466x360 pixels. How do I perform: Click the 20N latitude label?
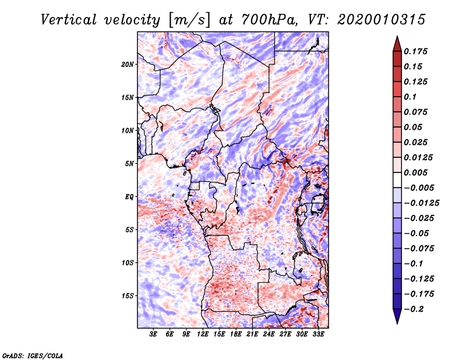tap(128, 65)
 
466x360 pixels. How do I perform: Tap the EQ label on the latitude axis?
tap(129, 197)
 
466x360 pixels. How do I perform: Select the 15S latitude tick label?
tap(128, 296)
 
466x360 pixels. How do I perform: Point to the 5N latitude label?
tap(129, 164)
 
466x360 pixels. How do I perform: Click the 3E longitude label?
tap(153, 334)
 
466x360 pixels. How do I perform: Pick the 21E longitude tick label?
tap(252, 334)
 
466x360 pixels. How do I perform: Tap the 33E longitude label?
tap(318, 334)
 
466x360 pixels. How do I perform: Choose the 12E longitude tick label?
tap(203, 334)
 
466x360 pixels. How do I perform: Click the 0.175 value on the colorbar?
tap(415, 51)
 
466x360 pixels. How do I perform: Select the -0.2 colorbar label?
tap(414, 309)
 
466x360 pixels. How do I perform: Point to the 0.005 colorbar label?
tap(415, 172)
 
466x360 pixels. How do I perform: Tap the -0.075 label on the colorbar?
tap(419, 249)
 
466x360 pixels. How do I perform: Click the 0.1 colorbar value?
tap(410, 97)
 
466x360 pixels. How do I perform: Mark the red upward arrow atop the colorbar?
tap(397, 44)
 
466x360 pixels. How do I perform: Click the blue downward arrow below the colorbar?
tap(397, 316)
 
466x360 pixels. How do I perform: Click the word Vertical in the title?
tap(69, 20)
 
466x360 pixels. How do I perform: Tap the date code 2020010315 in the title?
tap(382, 20)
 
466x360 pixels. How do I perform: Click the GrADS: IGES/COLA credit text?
tap(33, 356)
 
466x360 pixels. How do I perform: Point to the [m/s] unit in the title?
tap(189, 20)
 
